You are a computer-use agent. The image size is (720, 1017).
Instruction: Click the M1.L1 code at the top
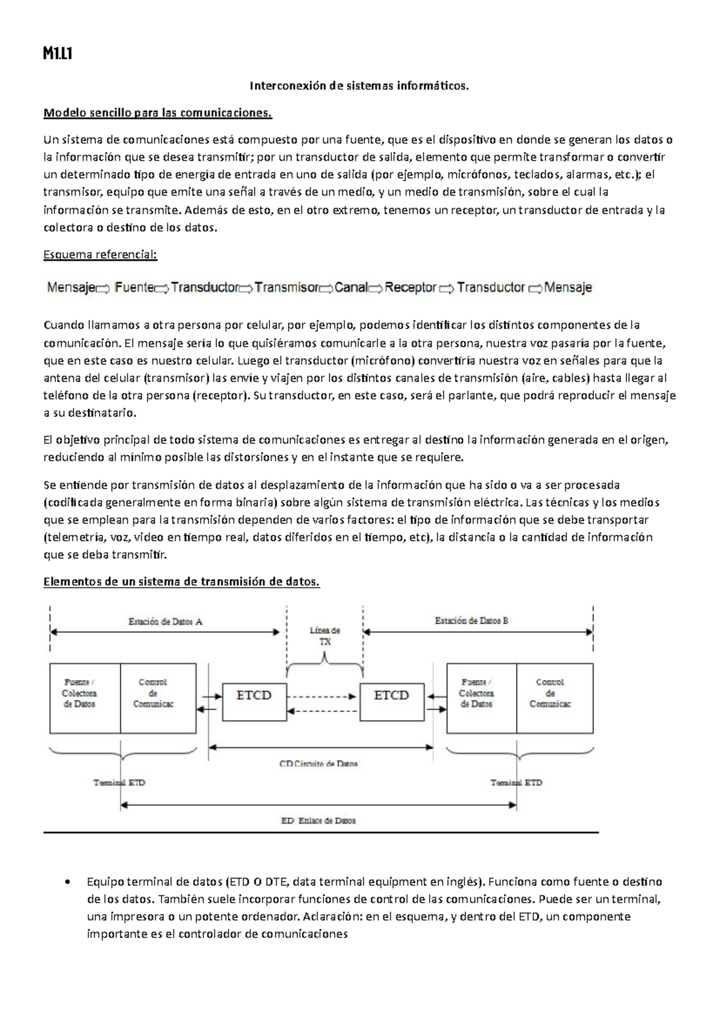coord(58,55)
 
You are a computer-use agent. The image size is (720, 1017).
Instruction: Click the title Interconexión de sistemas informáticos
coord(359,86)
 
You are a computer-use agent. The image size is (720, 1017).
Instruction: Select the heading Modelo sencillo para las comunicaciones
coord(158,113)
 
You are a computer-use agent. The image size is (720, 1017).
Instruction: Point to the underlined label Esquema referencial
coord(100,255)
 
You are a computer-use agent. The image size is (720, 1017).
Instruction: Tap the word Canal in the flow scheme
coord(351,288)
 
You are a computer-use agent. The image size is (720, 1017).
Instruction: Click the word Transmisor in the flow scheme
coord(286,288)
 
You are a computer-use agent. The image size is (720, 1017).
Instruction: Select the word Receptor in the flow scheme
coord(410,288)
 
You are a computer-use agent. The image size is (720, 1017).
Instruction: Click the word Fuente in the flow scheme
coord(134,288)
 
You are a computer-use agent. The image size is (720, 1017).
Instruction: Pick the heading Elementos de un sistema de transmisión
coord(182,582)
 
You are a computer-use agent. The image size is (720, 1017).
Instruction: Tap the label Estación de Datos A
coord(166,622)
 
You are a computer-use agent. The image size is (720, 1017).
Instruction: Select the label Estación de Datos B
coord(472,621)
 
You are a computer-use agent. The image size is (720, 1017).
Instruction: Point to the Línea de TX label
coord(325,636)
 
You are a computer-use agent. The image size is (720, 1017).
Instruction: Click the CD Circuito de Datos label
coord(319,764)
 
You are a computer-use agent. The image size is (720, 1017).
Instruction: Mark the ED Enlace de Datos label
coord(319,820)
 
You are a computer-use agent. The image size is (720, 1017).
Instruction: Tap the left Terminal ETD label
coord(119,783)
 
